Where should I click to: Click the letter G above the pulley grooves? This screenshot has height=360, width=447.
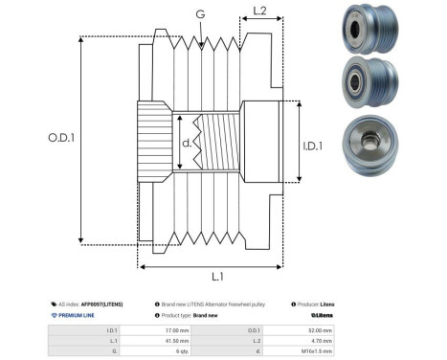point(199,14)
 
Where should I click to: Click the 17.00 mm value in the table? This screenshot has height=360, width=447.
point(177,329)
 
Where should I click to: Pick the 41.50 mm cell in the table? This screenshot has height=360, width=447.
point(177,340)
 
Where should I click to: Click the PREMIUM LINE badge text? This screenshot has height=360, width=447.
point(77,314)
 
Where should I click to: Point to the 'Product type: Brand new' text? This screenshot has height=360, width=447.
point(196,314)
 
